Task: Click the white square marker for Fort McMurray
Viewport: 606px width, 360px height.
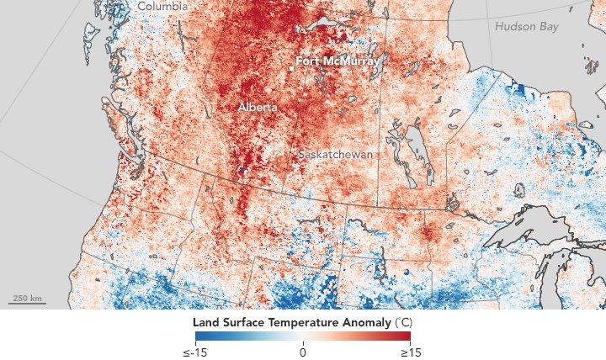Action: [x=290, y=68]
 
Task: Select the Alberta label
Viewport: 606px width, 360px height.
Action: [x=255, y=108]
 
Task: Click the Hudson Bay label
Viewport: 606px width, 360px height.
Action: [x=526, y=26]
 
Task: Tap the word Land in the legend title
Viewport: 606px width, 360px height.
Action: [x=205, y=322]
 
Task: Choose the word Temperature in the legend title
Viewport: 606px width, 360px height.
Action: [x=305, y=322]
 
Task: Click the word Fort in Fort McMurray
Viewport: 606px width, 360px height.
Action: [x=309, y=62]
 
